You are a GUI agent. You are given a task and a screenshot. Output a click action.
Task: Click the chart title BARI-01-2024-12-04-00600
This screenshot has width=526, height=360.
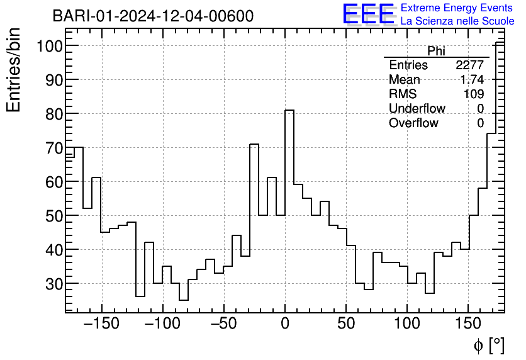pos(153,16)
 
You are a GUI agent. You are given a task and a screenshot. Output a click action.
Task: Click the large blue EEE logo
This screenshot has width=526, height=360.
pos(368,14)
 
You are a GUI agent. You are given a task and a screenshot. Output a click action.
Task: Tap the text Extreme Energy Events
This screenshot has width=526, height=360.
pos(457,8)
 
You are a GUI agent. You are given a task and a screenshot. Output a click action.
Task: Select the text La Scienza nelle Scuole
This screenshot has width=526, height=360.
pos(457,21)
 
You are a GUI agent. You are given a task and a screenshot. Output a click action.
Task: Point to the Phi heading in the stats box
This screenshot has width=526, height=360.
pos(436,51)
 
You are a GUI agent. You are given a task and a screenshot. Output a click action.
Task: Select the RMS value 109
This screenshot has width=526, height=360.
pos(474,94)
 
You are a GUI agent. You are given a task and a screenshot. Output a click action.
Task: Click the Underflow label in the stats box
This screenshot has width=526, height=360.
pos(417,109)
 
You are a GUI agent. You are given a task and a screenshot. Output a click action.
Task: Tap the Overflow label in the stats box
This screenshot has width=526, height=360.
pos(413,123)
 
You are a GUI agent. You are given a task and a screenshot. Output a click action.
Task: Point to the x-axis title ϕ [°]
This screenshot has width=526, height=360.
pos(488,345)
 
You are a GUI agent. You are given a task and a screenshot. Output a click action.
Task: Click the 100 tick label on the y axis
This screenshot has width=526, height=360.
pos(48,46)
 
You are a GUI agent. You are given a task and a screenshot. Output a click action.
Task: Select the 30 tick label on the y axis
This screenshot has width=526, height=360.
pos(53,284)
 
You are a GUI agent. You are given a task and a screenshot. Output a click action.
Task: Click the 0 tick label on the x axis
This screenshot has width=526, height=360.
pos(285,324)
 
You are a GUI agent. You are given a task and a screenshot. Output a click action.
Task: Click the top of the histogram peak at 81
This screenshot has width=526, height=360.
pos(289,110)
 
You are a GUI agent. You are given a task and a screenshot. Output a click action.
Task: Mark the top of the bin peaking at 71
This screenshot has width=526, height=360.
pos(254,144)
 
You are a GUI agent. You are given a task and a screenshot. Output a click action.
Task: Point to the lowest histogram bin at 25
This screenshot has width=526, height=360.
pos(184,300)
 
